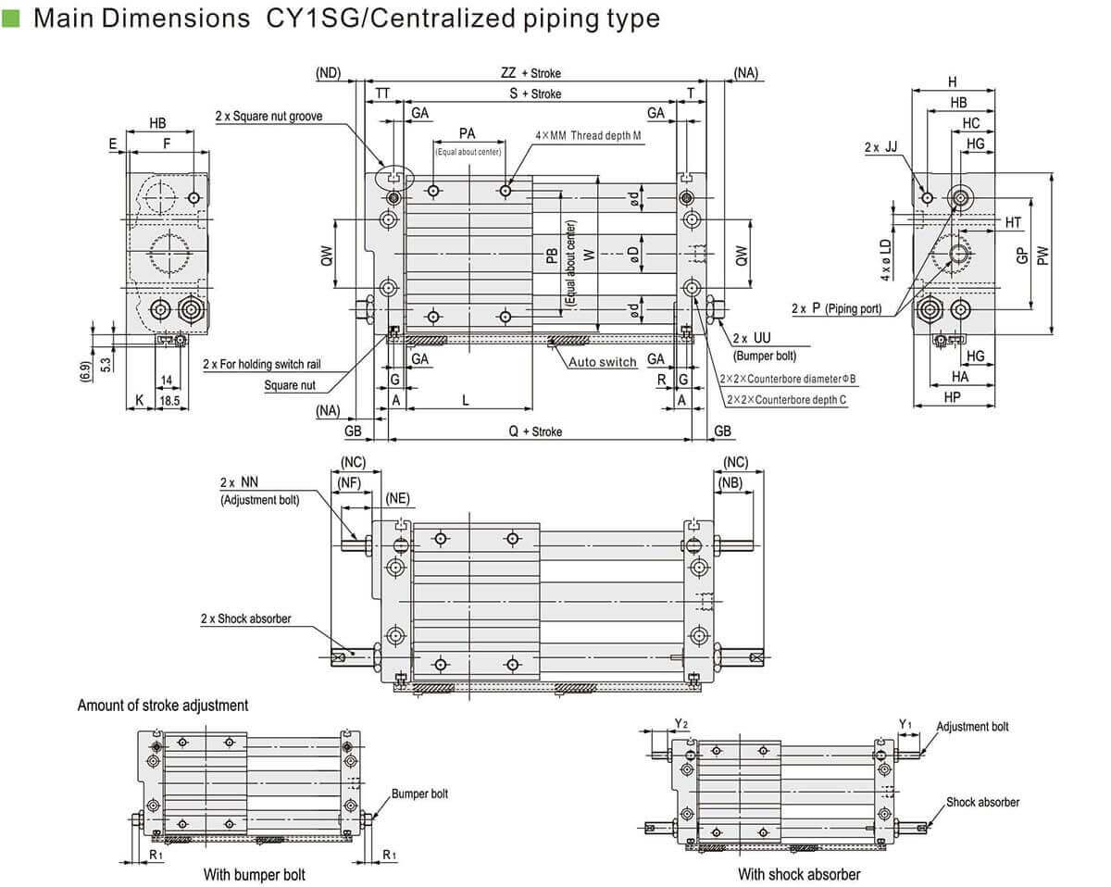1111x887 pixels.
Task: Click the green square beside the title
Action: pos(11,18)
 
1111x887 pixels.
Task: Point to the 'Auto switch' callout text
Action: pos(602,362)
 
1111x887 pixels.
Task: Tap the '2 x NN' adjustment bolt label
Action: pos(239,482)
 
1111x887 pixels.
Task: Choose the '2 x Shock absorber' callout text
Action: pos(245,618)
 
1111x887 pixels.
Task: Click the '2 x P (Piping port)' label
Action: pos(835,307)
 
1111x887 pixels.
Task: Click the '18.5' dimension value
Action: pos(169,400)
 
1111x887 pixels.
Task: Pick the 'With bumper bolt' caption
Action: pos(254,874)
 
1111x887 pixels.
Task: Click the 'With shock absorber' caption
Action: pos(799,874)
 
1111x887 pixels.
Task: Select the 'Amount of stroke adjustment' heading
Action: pos(163,706)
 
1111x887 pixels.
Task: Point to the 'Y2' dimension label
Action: pos(680,722)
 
